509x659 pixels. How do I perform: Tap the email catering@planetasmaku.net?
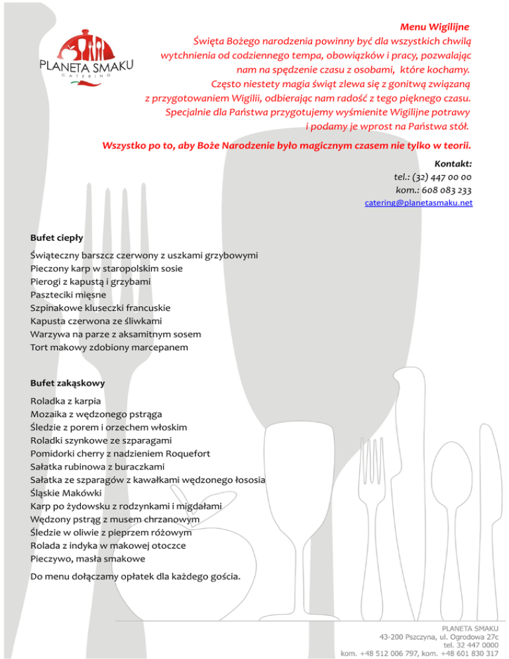tap(418, 204)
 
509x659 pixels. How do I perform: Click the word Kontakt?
tap(453, 163)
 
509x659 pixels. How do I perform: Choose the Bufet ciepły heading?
tap(56, 237)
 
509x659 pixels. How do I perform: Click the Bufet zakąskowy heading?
tap(67, 383)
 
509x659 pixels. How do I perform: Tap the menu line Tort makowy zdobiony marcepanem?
tap(109, 347)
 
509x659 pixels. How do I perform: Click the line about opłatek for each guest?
tap(135, 575)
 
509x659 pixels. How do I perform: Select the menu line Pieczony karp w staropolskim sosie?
tap(107, 269)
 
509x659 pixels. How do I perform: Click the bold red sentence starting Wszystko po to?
tap(287, 145)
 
